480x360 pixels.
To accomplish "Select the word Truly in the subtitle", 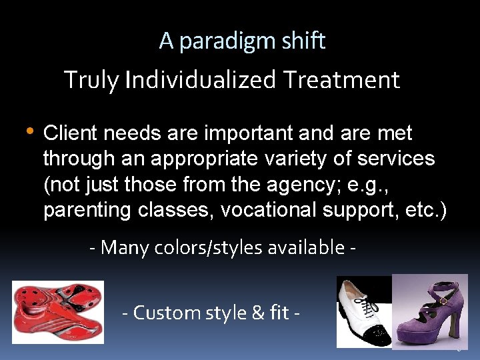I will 93,81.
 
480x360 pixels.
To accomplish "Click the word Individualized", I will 201,81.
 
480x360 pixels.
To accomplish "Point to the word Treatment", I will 341,81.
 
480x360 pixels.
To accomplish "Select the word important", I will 247,133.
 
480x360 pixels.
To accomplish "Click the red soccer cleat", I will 57,311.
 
